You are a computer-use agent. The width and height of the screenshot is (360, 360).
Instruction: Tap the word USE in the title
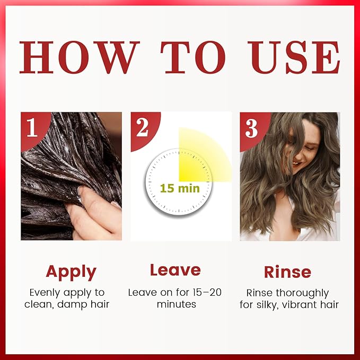pos(294,57)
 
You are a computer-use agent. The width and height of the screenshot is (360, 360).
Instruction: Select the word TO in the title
pos(193,57)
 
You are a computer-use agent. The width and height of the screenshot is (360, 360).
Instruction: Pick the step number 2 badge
pos(144,129)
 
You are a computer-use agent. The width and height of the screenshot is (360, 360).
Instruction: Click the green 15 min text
pos(180,189)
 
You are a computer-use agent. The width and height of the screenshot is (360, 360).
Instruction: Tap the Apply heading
pos(71,273)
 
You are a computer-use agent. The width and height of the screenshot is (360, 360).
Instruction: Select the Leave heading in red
pos(175,270)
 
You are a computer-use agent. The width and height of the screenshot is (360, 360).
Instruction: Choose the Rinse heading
pos(288,272)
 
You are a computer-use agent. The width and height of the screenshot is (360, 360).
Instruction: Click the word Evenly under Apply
pos(46,293)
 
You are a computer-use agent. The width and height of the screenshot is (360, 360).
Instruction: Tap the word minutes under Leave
pos(177,304)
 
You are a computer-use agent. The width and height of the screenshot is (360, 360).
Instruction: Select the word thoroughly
pos(302,293)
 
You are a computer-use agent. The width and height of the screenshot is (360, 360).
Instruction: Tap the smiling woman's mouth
pos(296,163)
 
